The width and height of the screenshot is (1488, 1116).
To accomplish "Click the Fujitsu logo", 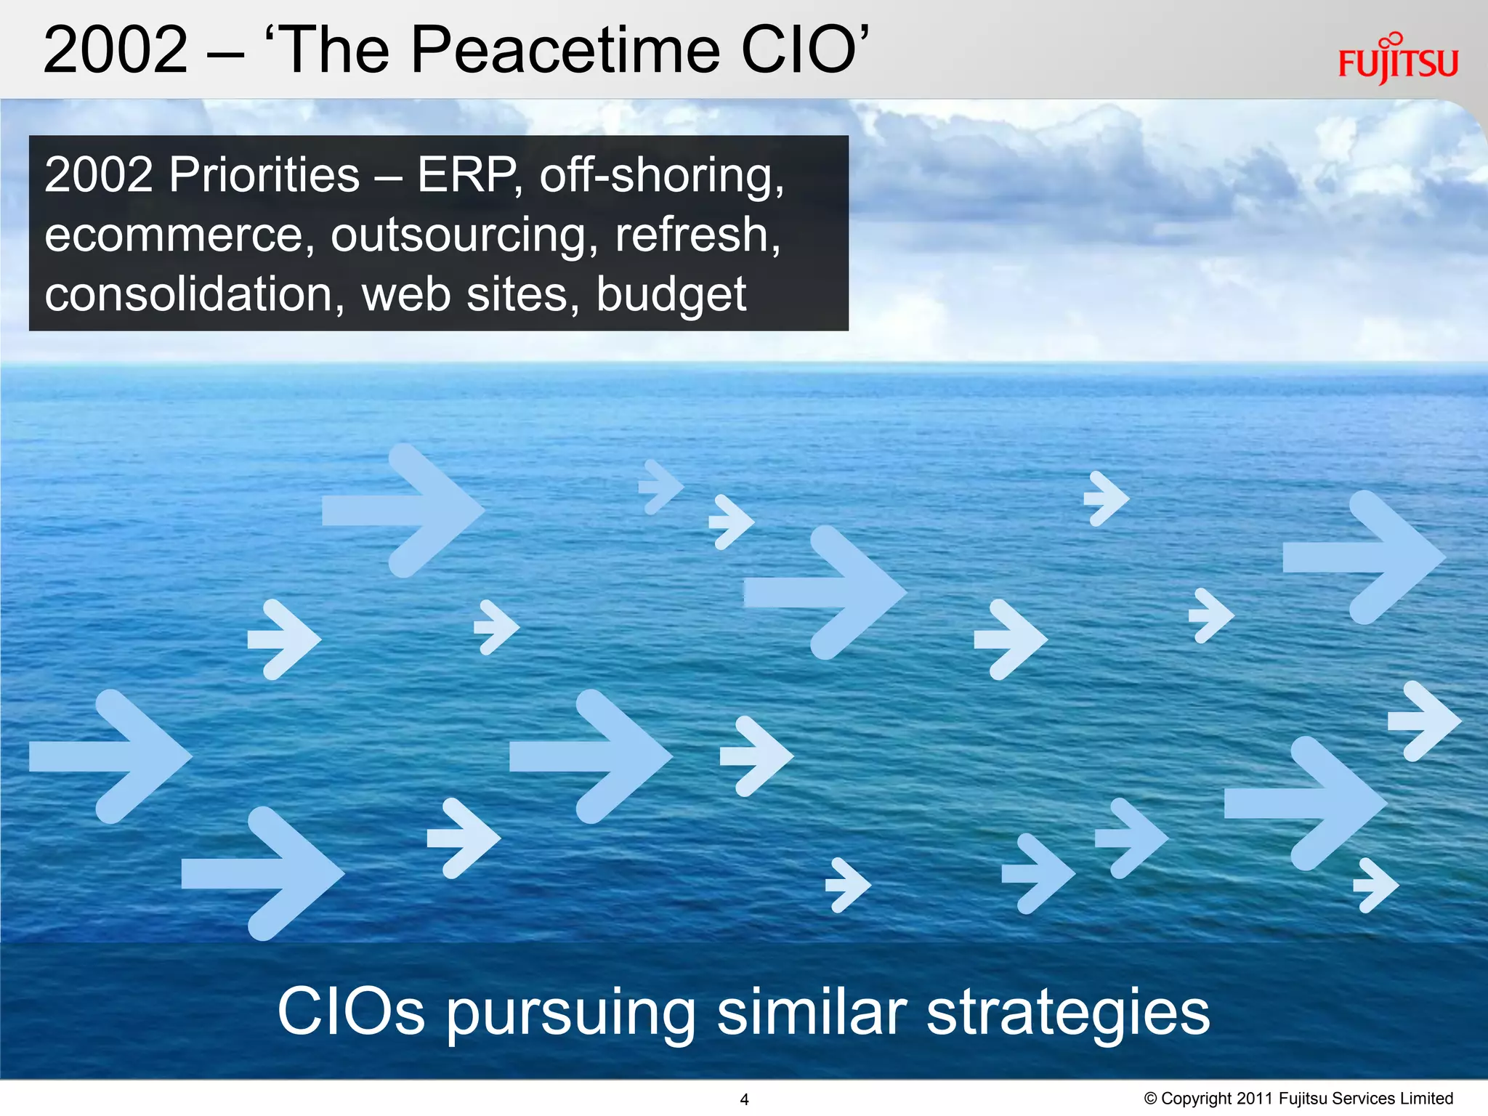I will tap(1397, 61).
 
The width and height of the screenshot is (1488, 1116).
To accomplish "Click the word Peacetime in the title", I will tap(565, 50).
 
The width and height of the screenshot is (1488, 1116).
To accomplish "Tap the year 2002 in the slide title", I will tap(116, 50).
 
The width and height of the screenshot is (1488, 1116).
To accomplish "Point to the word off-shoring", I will tap(661, 177).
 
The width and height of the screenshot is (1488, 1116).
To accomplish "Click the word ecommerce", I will tap(174, 235).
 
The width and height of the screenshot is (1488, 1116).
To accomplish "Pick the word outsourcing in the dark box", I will tap(459, 237).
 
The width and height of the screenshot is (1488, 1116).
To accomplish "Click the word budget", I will tap(671, 296).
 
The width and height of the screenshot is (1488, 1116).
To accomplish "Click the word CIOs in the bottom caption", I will tap(350, 1011).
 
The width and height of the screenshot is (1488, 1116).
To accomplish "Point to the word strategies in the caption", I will tap(1068, 1013).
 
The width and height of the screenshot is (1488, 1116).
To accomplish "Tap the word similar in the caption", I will tap(812, 1011).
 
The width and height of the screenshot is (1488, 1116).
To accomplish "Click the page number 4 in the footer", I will tap(744, 1099).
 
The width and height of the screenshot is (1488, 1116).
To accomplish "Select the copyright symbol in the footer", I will tap(1151, 1098).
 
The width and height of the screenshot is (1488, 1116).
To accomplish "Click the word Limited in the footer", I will tap(1426, 1098).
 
